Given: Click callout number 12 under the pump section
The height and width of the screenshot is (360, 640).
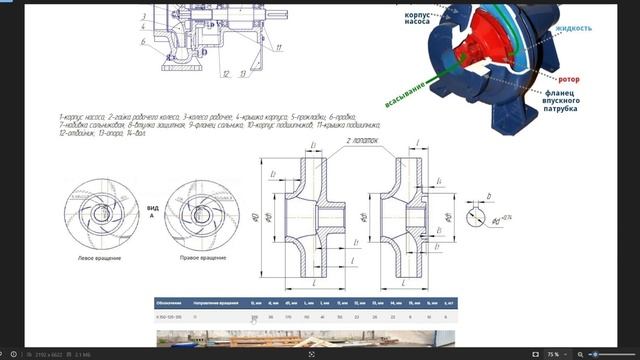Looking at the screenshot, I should point(227,73).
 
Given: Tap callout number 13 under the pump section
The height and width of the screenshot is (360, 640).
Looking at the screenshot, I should point(243,73).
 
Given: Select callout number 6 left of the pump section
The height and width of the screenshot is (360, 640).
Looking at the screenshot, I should point(144,42).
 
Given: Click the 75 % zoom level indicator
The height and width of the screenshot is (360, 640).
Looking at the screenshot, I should point(552,353).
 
